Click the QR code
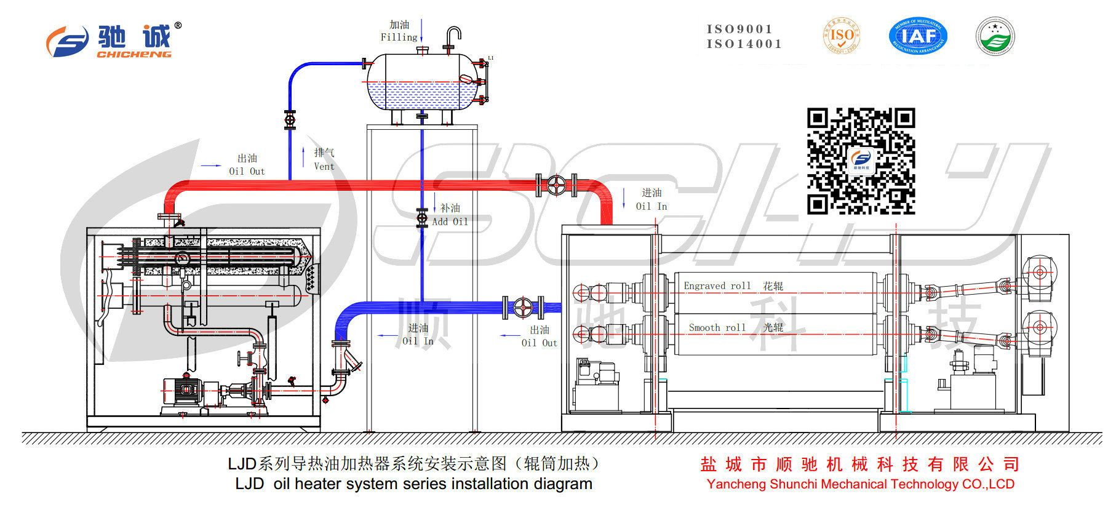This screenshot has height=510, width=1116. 861,161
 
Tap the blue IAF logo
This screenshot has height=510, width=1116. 918,36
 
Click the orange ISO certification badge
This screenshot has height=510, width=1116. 841,36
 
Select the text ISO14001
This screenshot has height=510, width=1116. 744,44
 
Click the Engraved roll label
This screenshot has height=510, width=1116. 717,286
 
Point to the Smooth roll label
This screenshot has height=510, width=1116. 717,328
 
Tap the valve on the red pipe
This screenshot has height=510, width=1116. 556,185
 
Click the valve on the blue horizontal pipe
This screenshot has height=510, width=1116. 523,307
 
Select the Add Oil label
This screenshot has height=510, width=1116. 450,221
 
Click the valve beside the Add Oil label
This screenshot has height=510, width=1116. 422,218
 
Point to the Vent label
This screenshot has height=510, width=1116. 324,166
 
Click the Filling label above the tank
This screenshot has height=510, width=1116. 399,38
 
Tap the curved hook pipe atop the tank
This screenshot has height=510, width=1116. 453,36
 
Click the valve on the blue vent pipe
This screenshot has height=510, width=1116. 290,119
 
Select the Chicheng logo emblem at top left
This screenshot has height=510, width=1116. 68,42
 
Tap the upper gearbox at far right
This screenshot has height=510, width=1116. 1039,273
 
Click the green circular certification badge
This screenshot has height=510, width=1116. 995,36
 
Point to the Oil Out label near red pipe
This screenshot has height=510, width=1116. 247,172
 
